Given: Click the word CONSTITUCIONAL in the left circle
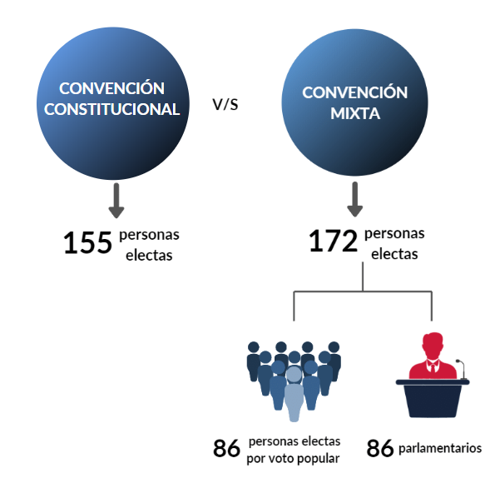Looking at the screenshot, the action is click(x=112, y=109).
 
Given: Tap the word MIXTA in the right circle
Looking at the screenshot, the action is click(x=355, y=113).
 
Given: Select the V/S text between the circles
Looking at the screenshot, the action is click(x=225, y=104).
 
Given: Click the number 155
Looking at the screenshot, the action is click(x=87, y=243).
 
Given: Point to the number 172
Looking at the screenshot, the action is click(x=334, y=241).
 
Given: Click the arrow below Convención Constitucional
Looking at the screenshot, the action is click(x=116, y=201).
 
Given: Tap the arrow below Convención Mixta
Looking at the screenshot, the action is click(x=354, y=200).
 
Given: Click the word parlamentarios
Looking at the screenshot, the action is click(x=440, y=449).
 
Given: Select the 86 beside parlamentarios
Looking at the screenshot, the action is click(x=380, y=449).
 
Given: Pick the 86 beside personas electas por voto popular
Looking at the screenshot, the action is click(x=226, y=449).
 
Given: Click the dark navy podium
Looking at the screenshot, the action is click(x=433, y=398).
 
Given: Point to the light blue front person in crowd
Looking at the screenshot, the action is click(x=294, y=395).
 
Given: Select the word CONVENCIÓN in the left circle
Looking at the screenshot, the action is click(x=111, y=88).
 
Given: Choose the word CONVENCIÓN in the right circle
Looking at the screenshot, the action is click(x=354, y=92).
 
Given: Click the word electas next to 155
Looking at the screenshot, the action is click(x=149, y=255).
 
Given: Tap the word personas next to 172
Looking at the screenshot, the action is click(x=394, y=234).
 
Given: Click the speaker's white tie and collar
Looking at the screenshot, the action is click(x=433, y=366).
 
